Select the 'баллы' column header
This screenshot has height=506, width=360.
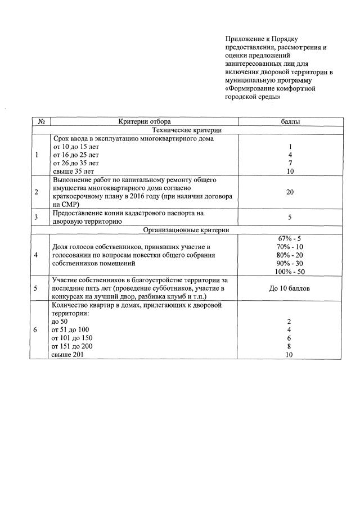tap(290, 121)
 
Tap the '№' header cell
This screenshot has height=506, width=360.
tap(41, 121)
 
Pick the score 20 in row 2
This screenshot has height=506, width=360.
tap(290, 192)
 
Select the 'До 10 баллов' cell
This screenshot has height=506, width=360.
tap(290, 288)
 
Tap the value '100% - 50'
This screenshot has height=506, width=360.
tap(290, 272)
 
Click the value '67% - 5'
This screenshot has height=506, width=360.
tap(290, 238)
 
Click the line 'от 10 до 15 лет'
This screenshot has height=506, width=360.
tap(75, 146)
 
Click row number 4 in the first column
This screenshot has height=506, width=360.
tap(36, 255)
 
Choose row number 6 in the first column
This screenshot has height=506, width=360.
tap(36, 330)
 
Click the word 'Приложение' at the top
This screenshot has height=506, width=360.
tap(241, 39)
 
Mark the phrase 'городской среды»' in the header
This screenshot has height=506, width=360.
tap(253, 97)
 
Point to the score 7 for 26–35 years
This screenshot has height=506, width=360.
tap(290, 162)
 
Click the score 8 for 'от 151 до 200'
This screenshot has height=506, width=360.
tap(290, 346)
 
